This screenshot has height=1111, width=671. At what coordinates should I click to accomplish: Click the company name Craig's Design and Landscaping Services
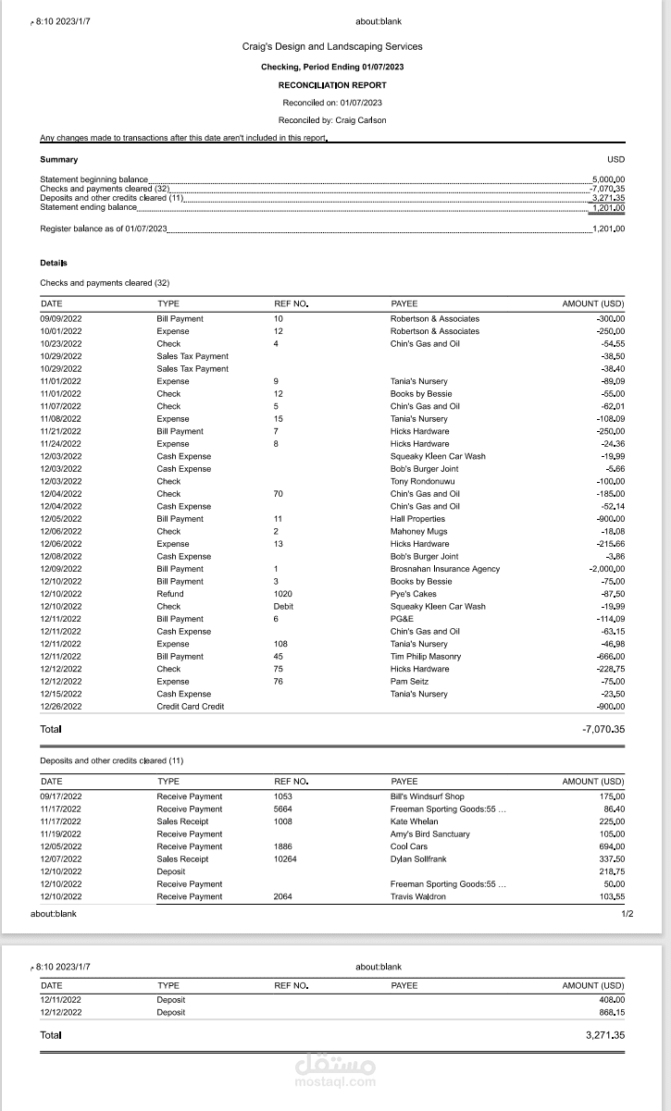332,46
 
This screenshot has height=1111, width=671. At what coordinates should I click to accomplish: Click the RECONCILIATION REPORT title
332,85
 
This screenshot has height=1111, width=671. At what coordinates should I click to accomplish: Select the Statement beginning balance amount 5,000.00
608,179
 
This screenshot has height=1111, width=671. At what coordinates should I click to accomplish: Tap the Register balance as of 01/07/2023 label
104,228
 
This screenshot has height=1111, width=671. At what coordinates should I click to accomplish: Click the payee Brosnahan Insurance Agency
444,569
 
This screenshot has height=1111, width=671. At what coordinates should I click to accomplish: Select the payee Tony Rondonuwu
422,481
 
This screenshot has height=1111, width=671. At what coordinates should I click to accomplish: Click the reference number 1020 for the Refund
283,594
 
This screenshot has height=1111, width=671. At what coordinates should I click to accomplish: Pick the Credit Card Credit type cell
191,707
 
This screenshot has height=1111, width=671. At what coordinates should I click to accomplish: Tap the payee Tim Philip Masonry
425,657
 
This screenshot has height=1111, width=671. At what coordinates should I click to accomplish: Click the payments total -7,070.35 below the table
603,730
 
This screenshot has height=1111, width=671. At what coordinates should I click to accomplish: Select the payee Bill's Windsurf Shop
427,796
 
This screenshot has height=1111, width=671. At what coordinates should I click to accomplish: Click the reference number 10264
286,859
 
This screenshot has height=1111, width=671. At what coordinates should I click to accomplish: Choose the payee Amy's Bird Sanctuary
429,834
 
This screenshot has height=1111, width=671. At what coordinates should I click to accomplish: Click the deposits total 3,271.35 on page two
605,1035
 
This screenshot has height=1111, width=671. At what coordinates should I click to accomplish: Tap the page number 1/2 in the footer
627,914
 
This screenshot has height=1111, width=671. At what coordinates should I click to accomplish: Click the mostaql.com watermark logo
335,1070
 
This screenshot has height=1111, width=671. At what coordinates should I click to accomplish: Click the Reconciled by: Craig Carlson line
332,120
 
